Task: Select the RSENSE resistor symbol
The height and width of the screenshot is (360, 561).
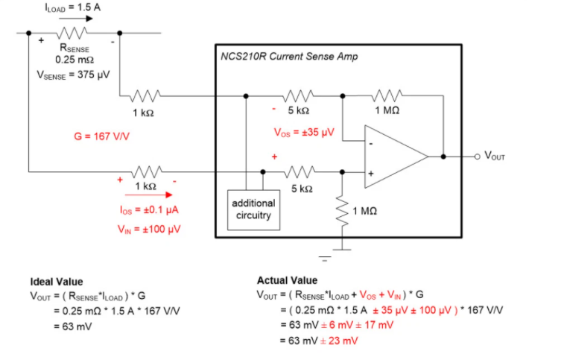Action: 71,34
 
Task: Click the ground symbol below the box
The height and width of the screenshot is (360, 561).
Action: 324,259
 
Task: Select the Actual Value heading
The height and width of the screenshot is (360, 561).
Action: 287,280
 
